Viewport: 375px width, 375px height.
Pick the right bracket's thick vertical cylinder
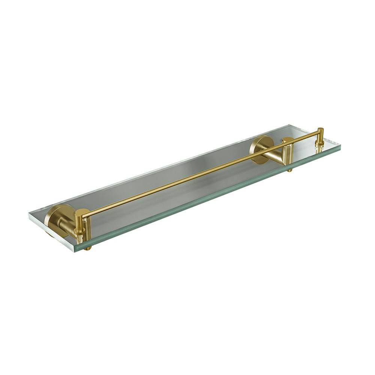click(x=288, y=152)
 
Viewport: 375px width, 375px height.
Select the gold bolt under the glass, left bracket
click(x=87, y=248)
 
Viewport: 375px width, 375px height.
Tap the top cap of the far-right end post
click(x=320, y=129)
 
